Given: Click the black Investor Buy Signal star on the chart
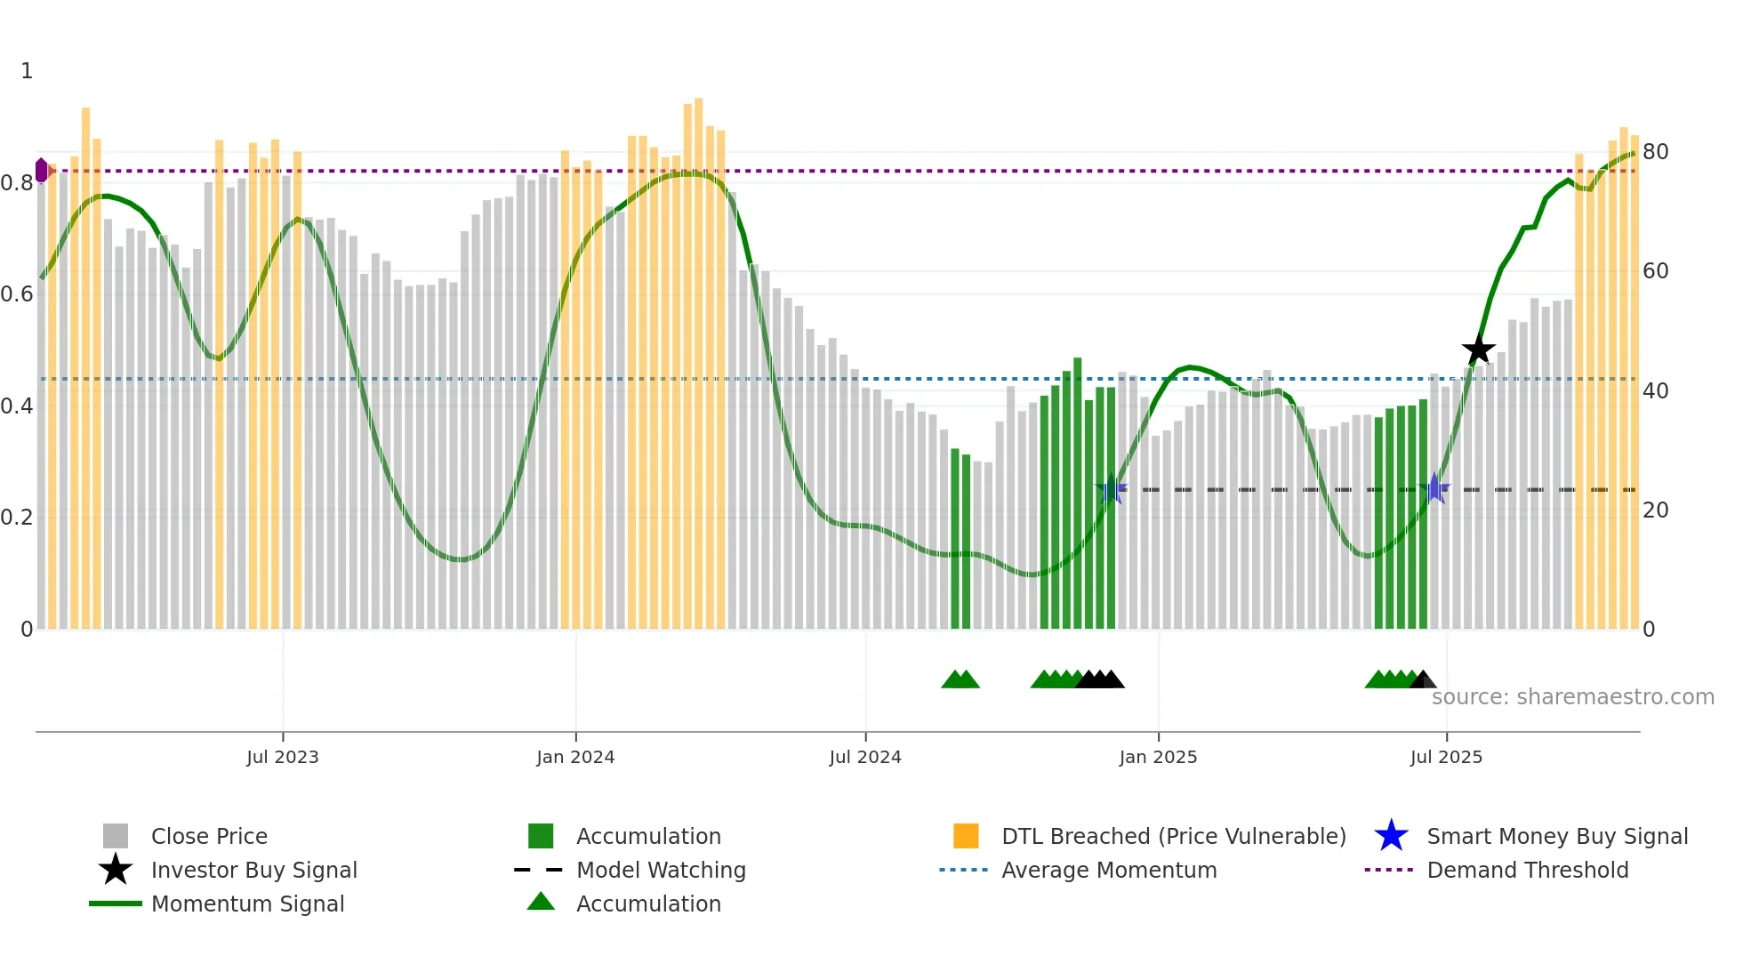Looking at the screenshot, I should click(x=1478, y=349).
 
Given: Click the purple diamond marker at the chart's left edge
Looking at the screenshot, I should click(x=42, y=170).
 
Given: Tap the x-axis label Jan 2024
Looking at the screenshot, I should click(x=575, y=757).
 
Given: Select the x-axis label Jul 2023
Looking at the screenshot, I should click(x=283, y=757).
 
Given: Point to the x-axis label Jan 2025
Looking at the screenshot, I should click(x=1158, y=757).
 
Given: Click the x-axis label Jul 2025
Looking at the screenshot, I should click(x=1446, y=757).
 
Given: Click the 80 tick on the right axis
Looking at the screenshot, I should click(x=1655, y=152).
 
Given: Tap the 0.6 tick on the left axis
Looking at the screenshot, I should click(x=17, y=294).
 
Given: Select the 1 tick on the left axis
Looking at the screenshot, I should click(x=27, y=71).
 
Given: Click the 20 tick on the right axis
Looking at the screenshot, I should click(x=1655, y=510).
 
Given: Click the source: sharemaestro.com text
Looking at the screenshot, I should click(x=1572, y=697).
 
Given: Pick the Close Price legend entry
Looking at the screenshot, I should click(x=209, y=836).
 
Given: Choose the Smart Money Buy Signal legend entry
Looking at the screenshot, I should click(x=1556, y=836).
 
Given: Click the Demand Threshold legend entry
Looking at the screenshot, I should click(x=1527, y=870).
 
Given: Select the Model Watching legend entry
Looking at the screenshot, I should click(x=660, y=870).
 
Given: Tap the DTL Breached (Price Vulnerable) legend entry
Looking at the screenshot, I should click(x=1173, y=836).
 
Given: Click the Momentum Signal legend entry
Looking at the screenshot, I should click(x=247, y=904).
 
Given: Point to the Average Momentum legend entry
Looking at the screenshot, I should click(x=1108, y=870).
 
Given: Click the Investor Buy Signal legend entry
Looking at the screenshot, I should click(x=253, y=870).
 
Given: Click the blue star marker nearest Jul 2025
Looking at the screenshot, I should click(x=1434, y=488).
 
